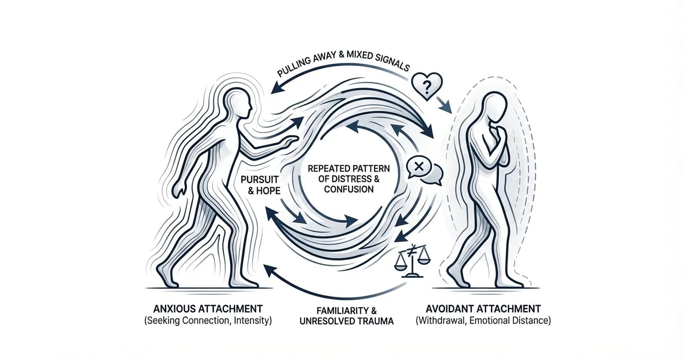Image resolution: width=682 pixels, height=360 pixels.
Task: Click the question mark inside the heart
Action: (427, 87)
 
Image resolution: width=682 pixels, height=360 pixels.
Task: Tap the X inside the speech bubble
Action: (419, 167)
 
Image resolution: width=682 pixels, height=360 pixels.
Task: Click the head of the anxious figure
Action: (239, 104)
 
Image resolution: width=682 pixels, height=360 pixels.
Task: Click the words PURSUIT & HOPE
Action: (260, 185)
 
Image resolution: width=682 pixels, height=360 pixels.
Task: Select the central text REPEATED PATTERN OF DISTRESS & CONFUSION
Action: (349, 179)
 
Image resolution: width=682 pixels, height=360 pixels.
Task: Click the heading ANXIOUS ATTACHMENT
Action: (208, 309)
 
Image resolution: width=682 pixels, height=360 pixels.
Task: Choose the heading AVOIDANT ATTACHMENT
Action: (483, 309)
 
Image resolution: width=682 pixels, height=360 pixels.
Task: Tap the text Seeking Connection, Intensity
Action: (208, 321)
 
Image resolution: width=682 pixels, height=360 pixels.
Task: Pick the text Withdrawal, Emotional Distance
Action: (484, 321)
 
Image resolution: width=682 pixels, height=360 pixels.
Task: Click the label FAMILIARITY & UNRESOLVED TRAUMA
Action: (347, 316)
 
